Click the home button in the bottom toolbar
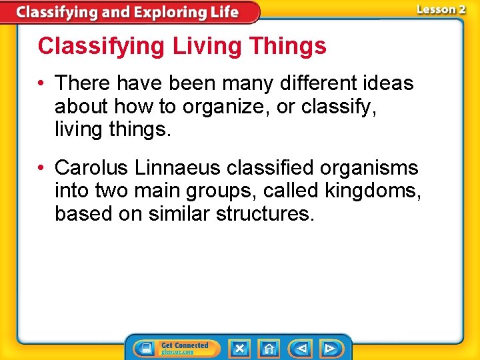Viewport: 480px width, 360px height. point(269,348)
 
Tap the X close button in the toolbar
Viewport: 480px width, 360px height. point(239,348)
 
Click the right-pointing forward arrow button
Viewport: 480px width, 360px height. point(329,348)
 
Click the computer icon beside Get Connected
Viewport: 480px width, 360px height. point(145,348)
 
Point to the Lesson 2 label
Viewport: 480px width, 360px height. point(441,9)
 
